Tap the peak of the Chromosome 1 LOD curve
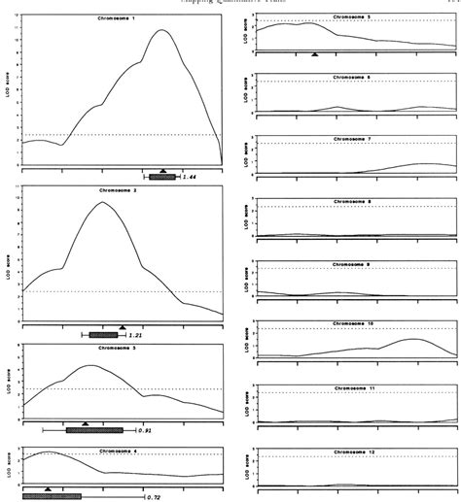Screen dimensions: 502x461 click(x=162, y=30)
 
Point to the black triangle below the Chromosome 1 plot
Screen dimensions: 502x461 click(x=163, y=171)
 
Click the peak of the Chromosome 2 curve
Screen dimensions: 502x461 click(x=103, y=202)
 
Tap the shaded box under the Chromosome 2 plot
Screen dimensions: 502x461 click(x=103, y=335)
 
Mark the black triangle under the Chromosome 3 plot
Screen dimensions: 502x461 click(x=86, y=422)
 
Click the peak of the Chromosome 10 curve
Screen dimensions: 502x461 click(x=412, y=339)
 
